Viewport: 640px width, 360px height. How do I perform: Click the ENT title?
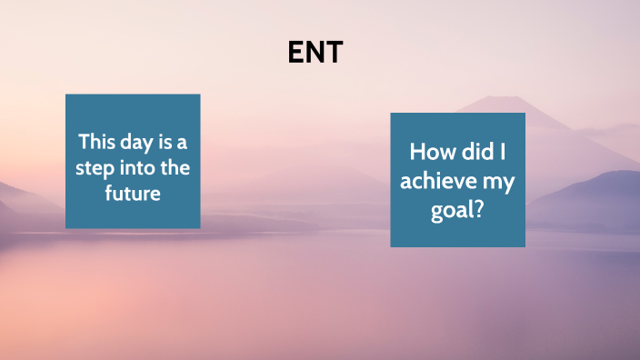(315, 54)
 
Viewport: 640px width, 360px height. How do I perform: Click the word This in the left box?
(96, 143)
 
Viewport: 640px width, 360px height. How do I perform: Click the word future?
(132, 193)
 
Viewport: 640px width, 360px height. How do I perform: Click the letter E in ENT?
(295, 54)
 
